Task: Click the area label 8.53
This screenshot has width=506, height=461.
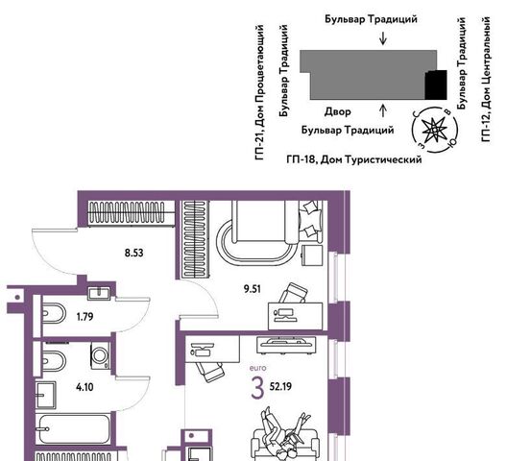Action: pyautogui.click(x=133, y=253)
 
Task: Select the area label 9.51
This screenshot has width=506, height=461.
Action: pyautogui.click(x=253, y=289)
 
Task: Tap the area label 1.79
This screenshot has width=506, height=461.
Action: pyautogui.click(x=84, y=317)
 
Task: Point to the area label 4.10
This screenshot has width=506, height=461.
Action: pyautogui.click(x=84, y=386)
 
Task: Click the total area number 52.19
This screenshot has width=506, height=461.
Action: pyautogui.click(x=280, y=386)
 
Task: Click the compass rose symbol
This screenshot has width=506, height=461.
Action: pyautogui.click(x=435, y=129)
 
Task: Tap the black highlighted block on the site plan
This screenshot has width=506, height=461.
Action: pyautogui.click(x=436, y=85)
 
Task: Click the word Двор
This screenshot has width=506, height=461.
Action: pyautogui.click(x=338, y=111)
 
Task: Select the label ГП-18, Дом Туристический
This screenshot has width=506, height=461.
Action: pyautogui.click(x=354, y=159)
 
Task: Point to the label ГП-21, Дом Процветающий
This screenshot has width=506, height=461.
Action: pyautogui.click(x=260, y=92)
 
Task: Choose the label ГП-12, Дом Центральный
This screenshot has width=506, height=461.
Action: pyautogui.click(x=486, y=80)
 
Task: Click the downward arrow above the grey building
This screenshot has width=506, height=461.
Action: pyautogui.click(x=383, y=37)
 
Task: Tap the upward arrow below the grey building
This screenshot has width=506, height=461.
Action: pyautogui.click(x=383, y=110)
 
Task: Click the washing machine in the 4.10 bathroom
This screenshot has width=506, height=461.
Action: pyautogui.click(x=100, y=355)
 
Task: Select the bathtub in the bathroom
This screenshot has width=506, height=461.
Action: pyautogui.click(x=74, y=428)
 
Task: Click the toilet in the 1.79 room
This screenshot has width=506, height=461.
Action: pyautogui.click(x=54, y=313)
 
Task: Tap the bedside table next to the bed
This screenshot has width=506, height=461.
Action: pyautogui.click(x=312, y=255)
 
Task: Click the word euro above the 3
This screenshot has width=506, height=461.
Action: pyautogui.click(x=258, y=368)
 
